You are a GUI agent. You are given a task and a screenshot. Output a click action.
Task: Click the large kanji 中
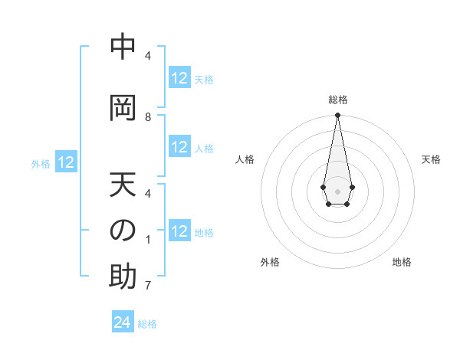pos(123,47)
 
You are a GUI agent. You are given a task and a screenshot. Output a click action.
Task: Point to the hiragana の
pos(123,231)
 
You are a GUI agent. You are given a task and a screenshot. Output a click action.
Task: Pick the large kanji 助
pos(123,277)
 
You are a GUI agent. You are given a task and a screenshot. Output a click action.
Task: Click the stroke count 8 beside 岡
pos(148,117)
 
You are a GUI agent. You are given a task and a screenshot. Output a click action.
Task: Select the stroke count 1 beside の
pos(148,240)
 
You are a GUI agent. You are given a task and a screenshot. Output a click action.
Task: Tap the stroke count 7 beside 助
pos(148,286)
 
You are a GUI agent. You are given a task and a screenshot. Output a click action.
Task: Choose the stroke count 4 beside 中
pos(148,56)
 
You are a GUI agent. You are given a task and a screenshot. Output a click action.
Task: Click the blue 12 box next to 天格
pos(179,78)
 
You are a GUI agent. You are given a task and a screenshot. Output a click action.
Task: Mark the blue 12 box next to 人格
pos(179,147)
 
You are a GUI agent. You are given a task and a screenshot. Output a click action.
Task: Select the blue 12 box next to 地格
pos(179,231)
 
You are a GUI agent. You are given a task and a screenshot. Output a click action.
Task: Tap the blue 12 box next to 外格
pos(66,162)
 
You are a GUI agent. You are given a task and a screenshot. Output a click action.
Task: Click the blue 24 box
pos(123,322)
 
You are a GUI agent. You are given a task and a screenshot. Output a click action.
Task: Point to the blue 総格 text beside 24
pos(147,324)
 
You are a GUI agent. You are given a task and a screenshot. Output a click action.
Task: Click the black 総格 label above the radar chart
pos(338,100)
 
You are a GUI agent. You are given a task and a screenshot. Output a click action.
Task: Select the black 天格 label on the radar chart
pos(432,159)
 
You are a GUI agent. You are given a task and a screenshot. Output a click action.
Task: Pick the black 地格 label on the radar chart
pos(402,262)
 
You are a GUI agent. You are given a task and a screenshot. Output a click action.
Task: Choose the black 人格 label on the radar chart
pos(245,159)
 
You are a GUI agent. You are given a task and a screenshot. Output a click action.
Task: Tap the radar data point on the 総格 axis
pos(338,115)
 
